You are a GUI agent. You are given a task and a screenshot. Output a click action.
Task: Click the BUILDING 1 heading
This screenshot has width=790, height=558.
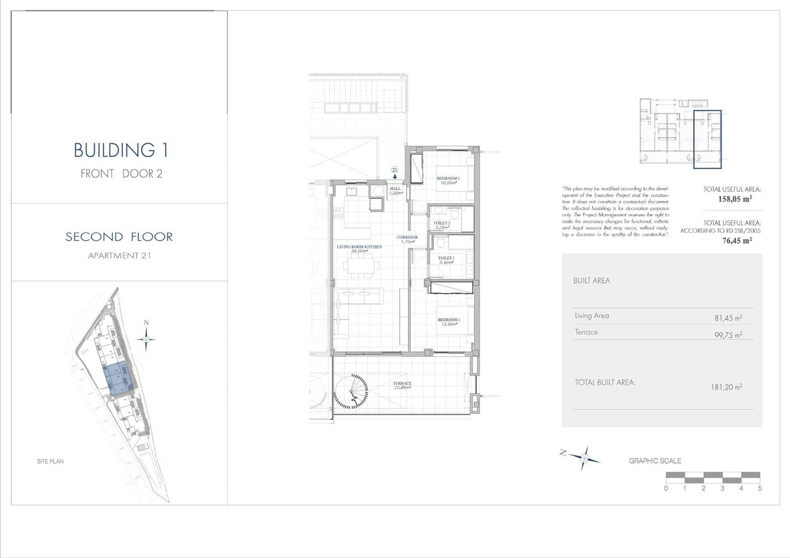pyautogui.click(x=121, y=150)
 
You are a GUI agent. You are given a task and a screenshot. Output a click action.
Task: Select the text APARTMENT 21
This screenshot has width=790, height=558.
pyautogui.click(x=119, y=255)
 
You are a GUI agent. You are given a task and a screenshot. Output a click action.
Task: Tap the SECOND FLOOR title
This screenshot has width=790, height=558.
pyautogui.click(x=119, y=237)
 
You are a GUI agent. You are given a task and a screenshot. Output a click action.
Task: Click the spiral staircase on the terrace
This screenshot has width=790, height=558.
pyautogui.click(x=351, y=392)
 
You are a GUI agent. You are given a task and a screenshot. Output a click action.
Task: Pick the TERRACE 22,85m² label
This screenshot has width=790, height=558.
pyautogui.click(x=402, y=385)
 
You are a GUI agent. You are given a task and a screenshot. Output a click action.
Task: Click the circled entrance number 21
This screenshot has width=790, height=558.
pyautogui.click(x=395, y=170)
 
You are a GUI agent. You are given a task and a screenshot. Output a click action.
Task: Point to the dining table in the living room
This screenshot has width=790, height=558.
pyautogui.click(x=363, y=266)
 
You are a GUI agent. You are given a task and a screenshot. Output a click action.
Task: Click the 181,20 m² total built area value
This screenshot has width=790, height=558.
pyautogui.click(x=726, y=387)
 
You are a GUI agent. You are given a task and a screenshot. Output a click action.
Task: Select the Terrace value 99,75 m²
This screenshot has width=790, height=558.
pyautogui.click(x=728, y=334)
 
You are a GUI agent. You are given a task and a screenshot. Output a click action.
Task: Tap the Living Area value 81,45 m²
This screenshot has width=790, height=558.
pyautogui.click(x=728, y=318)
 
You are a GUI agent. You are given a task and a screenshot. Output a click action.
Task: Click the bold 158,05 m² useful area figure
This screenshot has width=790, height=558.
pyautogui.click(x=735, y=199)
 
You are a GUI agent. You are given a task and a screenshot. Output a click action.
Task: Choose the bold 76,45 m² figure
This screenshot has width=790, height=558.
pyautogui.click(x=737, y=240)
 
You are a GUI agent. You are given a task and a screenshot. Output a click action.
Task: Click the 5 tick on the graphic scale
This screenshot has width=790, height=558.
pyautogui.click(x=759, y=488)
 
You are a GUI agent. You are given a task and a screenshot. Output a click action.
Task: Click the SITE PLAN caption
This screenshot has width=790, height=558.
pyautogui.click(x=50, y=461)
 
